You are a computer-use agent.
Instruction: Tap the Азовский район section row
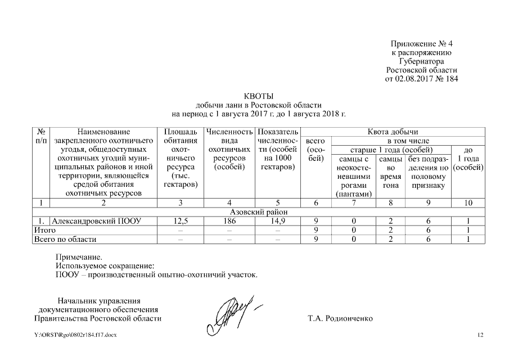[259, 212]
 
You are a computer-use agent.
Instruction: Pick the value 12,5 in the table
[181, 221]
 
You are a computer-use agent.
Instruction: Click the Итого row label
[41, 231]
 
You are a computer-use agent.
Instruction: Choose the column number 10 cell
[468, 203]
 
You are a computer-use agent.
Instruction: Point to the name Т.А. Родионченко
[340, 318]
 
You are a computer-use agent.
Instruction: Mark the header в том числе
[408, 141]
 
